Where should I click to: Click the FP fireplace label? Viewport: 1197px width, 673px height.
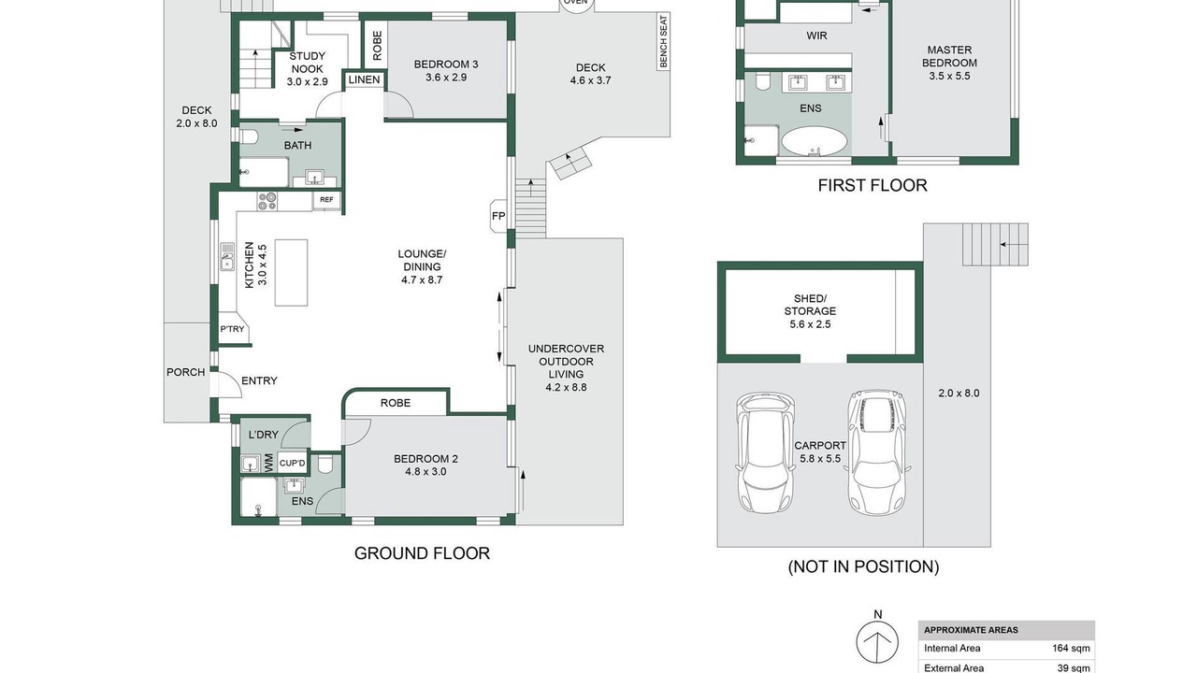coord(498,216)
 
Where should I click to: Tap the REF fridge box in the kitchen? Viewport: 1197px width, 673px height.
coord(326,200)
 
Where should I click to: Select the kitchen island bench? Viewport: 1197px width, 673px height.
coord(291,272)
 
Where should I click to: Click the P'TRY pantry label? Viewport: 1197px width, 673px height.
coord(232,329)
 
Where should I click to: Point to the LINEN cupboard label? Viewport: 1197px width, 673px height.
coord(364,80)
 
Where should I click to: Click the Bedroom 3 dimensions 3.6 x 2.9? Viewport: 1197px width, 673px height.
coord(446,78)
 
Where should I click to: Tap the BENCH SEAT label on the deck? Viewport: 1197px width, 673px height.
coord(663,41)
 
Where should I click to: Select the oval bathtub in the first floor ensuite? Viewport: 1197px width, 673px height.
coord(814,141)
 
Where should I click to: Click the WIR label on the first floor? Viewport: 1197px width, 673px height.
coord(816,36)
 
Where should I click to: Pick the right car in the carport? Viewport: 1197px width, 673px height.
coord(877,451)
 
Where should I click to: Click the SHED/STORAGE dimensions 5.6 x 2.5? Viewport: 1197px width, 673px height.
coord(810,324)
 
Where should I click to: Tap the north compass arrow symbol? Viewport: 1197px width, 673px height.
coord(877,642)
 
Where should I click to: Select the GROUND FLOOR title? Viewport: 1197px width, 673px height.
coord(422,553)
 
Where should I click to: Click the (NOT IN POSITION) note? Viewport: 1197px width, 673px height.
coord(863,566)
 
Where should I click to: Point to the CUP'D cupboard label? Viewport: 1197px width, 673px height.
coord(293,463)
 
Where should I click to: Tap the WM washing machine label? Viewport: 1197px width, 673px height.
coord(268,463)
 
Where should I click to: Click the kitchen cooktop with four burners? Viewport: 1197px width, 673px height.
coord(267,201)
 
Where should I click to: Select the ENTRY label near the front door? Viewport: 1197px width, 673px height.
coord(259,380)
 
